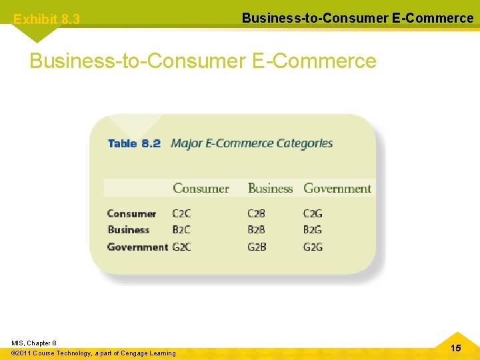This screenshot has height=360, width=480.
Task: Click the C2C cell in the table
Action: (x=181, y=214)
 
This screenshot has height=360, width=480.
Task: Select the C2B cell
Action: (x=257, y=214)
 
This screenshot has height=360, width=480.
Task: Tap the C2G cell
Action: (x=313, y=214)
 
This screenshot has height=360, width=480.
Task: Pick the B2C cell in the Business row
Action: (x=181, y=230)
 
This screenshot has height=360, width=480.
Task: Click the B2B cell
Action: (x=257, y=230)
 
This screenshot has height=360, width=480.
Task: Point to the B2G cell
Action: (x=313, y=230)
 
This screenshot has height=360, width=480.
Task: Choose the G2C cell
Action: (x=182, y=247)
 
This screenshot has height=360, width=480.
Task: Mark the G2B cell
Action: (x=257, y=247)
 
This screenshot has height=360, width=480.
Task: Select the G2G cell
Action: (x=313, y=247)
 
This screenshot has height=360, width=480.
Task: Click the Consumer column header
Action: (x=201, y=189)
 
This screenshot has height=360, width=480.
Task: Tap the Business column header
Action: (x=270, y=189)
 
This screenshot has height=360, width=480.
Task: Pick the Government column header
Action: (x=337, y=189)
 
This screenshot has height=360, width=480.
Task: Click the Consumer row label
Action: (x=131, y=214)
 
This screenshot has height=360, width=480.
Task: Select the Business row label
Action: (x=129, y=230)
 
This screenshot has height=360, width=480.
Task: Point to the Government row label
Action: (x=137, y=247)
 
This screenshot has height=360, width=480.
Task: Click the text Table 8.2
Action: (x=134, y=143)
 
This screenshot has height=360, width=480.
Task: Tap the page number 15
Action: (x=456, y=348)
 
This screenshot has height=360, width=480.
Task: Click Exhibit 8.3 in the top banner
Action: (x=47, y=20)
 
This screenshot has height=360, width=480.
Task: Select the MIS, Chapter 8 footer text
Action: (x=34, y=343)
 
